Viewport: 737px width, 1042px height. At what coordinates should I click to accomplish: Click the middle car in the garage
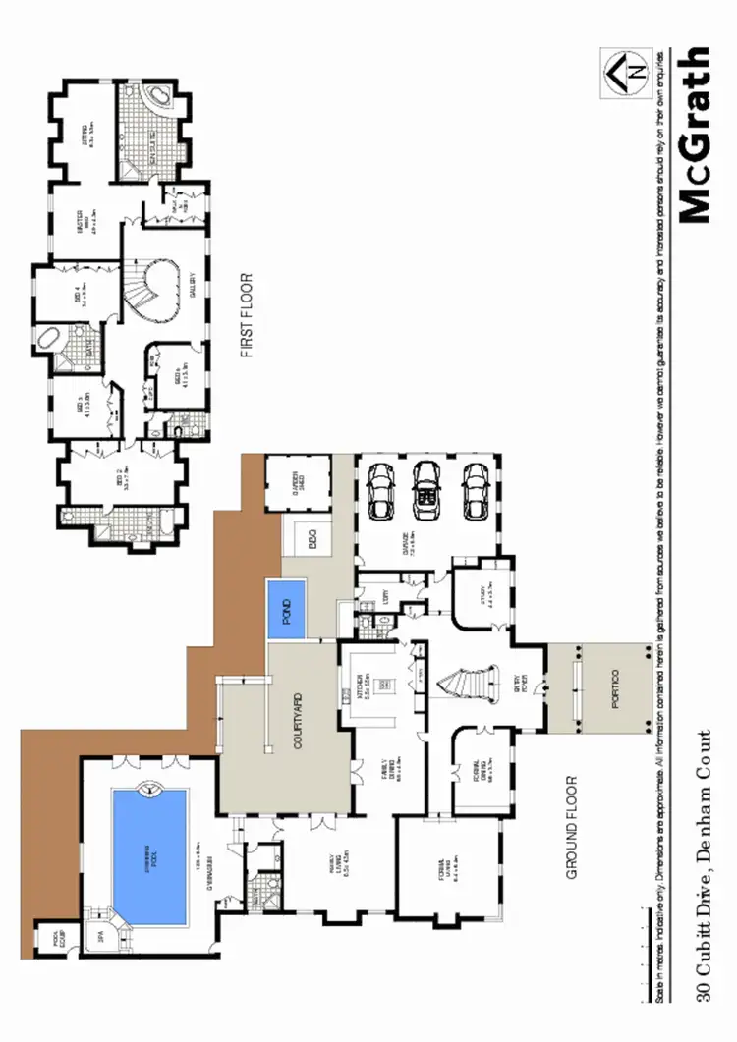425,490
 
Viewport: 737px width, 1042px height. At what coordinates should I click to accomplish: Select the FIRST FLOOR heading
247,315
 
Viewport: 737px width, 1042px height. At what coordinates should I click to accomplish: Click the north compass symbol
627,74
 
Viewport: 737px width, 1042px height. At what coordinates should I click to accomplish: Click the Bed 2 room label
123,483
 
